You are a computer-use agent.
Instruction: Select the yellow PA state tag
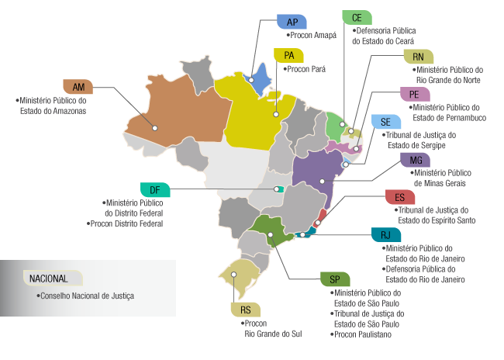coord(289,55)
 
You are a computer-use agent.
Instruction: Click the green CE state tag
coord(357,17)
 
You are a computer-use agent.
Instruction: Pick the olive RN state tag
coord(419,57)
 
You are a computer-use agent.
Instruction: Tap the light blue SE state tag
coord(386,122)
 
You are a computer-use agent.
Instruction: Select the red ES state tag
coord(399,197)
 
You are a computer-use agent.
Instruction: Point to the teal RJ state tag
coord(385,235)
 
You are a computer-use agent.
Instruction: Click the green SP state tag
coord(335,279)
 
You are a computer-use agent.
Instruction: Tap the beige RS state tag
coord(245,310)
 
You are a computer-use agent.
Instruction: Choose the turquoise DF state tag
coord(155,189)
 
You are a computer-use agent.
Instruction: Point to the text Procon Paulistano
coord(363,334)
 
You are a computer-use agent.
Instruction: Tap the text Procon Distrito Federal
coord(126,223)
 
